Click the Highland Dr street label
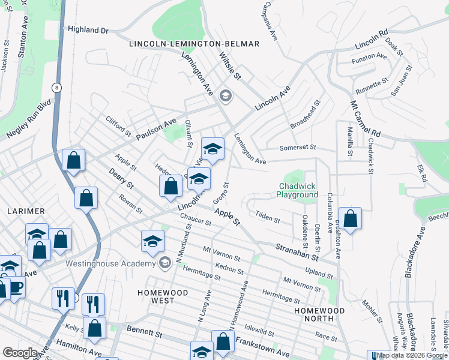point(88,29)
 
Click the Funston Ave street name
point(369,57)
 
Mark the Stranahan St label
point(297,251)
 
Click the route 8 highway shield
point(56,88)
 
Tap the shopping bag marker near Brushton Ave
point(350,218)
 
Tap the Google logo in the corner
point(20,353)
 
